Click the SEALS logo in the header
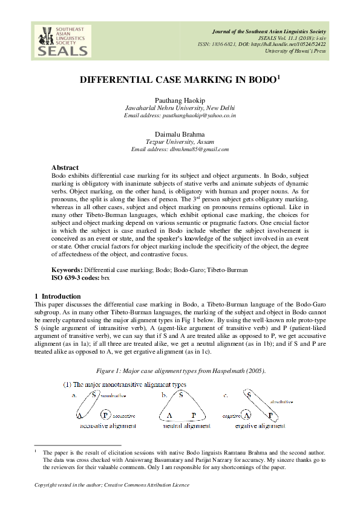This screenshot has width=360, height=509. (61, 41)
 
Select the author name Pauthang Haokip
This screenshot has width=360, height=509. (180, 100)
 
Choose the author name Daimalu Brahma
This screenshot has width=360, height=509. (180, 134)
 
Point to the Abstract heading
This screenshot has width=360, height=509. (65, 166)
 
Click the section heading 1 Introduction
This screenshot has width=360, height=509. (54, 296)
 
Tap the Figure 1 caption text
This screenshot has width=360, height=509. (180, 370)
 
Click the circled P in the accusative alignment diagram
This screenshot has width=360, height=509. (105, 415)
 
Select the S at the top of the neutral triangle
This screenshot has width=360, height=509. (182, 394)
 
